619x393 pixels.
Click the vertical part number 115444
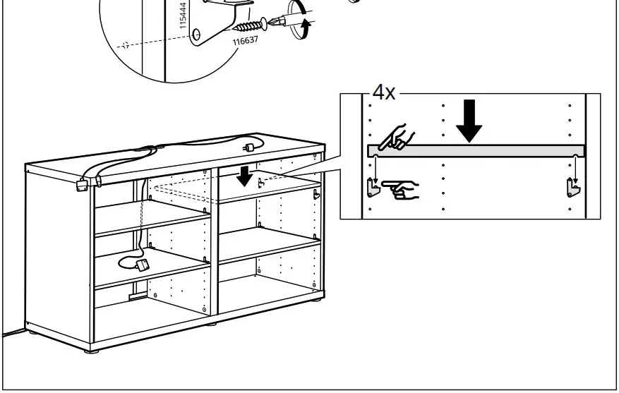tap(184, 14)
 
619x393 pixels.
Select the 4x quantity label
tap(385, 93)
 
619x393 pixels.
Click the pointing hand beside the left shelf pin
tap(400, 188)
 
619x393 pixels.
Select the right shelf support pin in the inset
tap(575, 187)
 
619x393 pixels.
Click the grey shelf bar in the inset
tap(476, 150)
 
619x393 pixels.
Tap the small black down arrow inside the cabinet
tap(244, 176)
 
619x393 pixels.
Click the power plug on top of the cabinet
tap(249, 147)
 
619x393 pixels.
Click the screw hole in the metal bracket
tap(197, 34)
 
